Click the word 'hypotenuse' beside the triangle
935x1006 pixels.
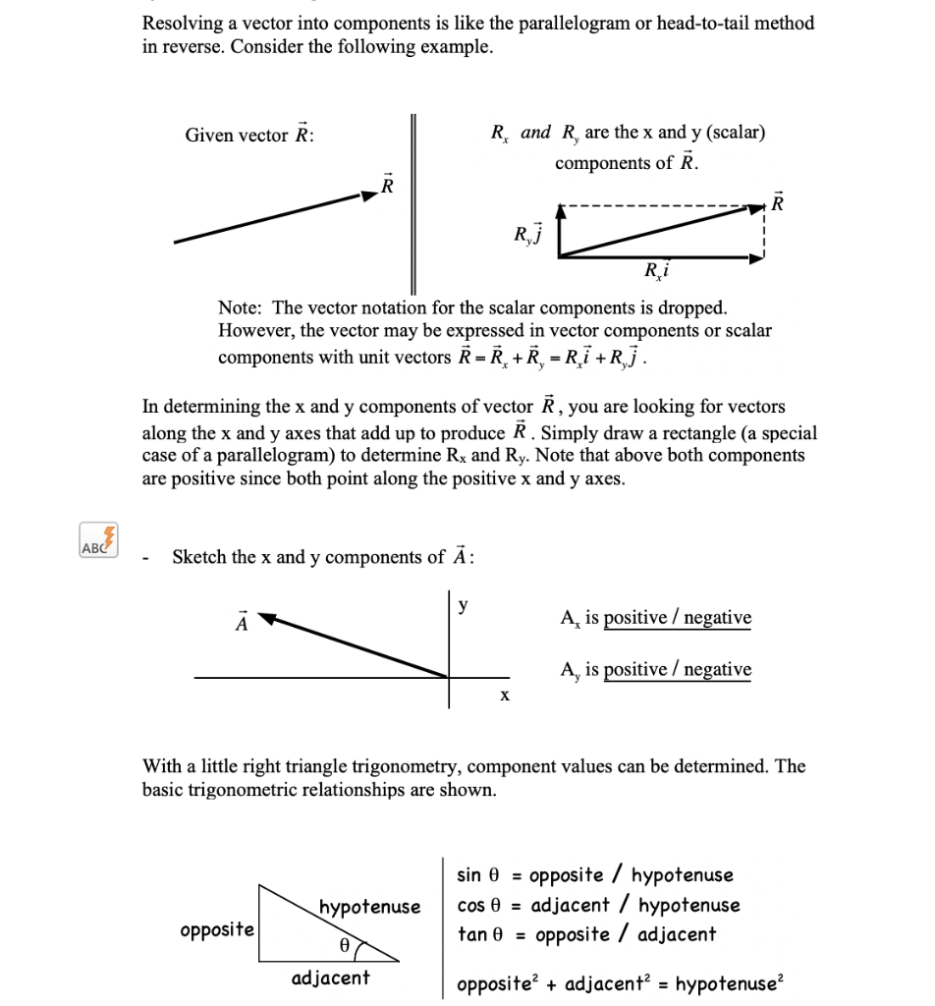[x=369, y=906]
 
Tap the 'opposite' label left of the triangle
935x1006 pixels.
[x=217, y=929]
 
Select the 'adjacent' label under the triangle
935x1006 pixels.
[x=331, y=977]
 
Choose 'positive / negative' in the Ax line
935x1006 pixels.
[x=678, y=618]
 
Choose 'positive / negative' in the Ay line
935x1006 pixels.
[x=678, y=670]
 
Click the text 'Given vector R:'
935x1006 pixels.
[x=249, y=136]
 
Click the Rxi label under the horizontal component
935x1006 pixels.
[x=657, y=272]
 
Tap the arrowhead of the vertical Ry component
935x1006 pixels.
[x=560, y=210]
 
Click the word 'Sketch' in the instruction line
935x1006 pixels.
[x=199, y=557]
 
